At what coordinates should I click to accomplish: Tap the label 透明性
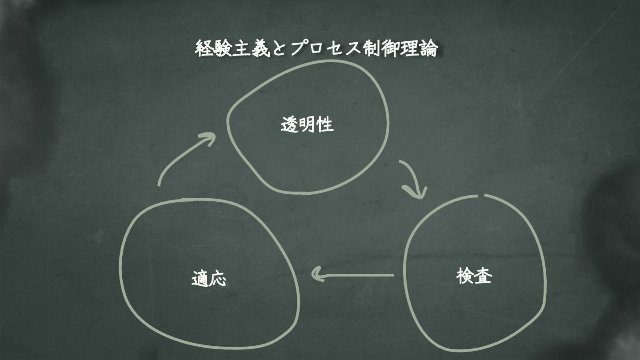[x=307, y=125]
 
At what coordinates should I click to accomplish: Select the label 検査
[x=474, y=276]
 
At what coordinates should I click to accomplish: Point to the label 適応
[x=209, y=278]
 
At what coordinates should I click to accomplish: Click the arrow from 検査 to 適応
[x=353, y=275]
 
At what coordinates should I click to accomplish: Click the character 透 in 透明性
[x=290, y=125]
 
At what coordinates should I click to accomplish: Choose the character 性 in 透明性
[x=325, y=125]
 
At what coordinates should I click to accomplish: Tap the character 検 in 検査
[x=465, y=276]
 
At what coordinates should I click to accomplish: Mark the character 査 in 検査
[x=484, y=276]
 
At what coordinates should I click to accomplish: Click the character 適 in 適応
[x=200, y=278]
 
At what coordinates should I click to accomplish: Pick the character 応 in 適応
[x=218, y=278]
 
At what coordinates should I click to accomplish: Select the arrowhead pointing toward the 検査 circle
[x=417, y=193]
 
